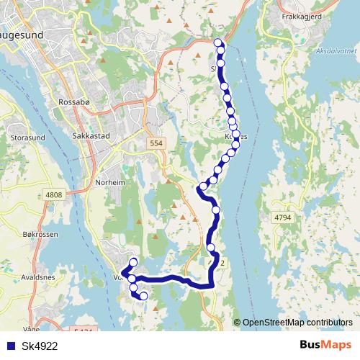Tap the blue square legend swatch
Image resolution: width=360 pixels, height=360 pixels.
(10, 346)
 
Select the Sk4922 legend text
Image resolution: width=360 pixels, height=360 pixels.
(40, 346)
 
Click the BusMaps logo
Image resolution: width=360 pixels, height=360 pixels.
(324, 345)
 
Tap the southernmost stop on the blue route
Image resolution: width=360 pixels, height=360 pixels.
(143, 296)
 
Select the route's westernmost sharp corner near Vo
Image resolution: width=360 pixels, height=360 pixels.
(124, 272)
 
